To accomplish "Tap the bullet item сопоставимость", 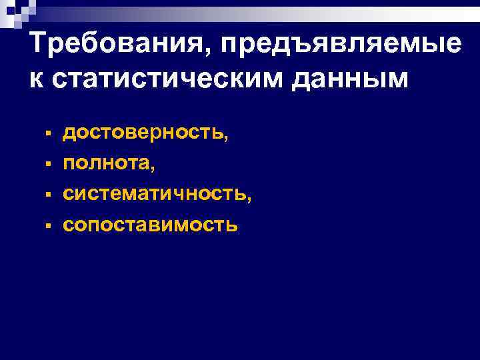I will [x=150, y=225].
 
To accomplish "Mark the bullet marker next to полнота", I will [x=49, y=163].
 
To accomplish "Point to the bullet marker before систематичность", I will [x=49, y=194].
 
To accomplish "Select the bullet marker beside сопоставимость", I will [x=49, y=225].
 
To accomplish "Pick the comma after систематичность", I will [x=250, y=198].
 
